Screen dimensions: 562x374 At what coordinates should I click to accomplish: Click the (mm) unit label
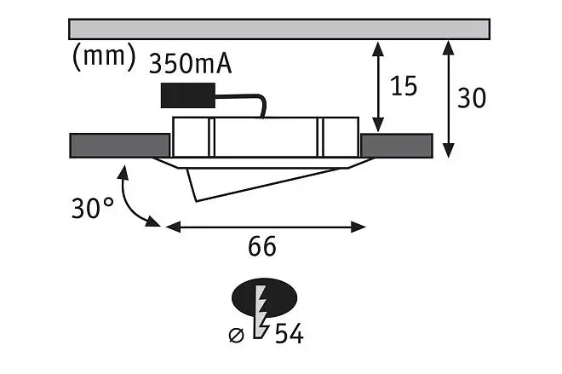pos(104,57)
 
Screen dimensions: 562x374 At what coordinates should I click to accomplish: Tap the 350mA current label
pos(190,64)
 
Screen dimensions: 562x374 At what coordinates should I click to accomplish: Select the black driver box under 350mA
pos(188,95)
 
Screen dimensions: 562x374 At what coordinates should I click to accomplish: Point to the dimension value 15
pos(404,86)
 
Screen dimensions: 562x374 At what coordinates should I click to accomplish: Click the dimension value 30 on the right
pos(472,97)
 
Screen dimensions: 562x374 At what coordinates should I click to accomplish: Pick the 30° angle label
pos(93,208)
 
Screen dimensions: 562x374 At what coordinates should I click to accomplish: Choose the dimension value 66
pos(262,246)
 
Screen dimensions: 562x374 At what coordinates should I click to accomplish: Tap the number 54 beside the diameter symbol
pos(290,333)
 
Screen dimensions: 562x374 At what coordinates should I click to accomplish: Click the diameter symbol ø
pos(236,336)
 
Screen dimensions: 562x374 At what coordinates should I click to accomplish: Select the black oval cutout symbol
pos(265,297)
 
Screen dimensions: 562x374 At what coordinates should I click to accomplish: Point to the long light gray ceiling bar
pos(279,29)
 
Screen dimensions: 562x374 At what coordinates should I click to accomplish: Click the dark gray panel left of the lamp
pos(120,146)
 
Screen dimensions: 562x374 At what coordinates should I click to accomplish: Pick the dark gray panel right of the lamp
pos(397,146)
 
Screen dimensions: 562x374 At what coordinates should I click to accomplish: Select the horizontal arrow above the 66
pos(266,227)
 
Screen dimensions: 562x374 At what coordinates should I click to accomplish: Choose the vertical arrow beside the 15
pos(378,87)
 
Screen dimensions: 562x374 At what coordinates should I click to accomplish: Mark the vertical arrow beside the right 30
pos(448,100)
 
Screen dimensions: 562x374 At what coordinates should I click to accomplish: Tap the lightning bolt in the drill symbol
pos(261,312)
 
